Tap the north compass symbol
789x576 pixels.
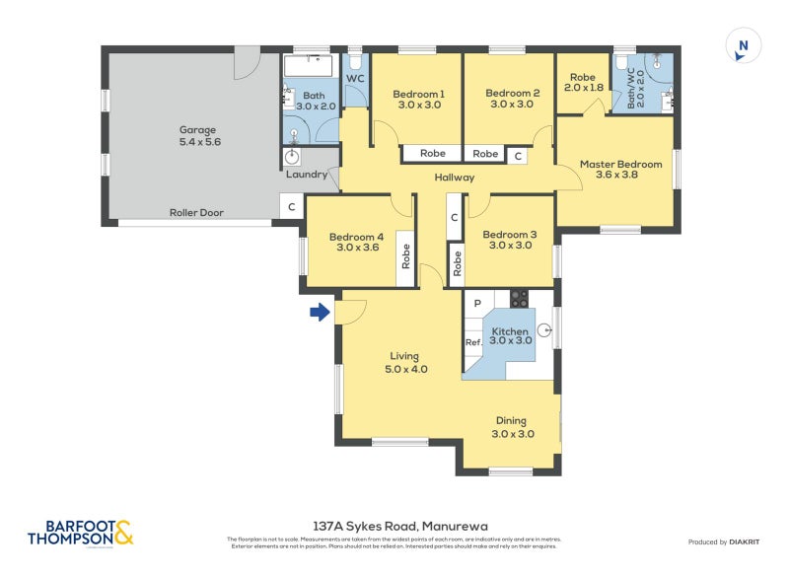coord(744,45)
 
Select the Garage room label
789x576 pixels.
coord(197,136)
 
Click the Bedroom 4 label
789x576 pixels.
coord(357,242)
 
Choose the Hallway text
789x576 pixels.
coord(455,178)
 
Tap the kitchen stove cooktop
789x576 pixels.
coord(519,299)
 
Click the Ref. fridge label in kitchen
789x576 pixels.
coord(473,342)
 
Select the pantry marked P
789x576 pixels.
coord(476,303)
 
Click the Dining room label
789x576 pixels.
coord(512,426)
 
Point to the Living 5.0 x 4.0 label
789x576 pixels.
coord(403,362)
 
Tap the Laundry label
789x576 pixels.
coord(306,175)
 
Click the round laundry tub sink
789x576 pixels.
coord(293,157)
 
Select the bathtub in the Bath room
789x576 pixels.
coord(310,68)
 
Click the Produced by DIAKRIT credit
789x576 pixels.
coord(728,541)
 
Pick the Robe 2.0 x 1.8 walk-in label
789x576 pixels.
coord(583,81)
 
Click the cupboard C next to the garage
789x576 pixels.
coord(290,207)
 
